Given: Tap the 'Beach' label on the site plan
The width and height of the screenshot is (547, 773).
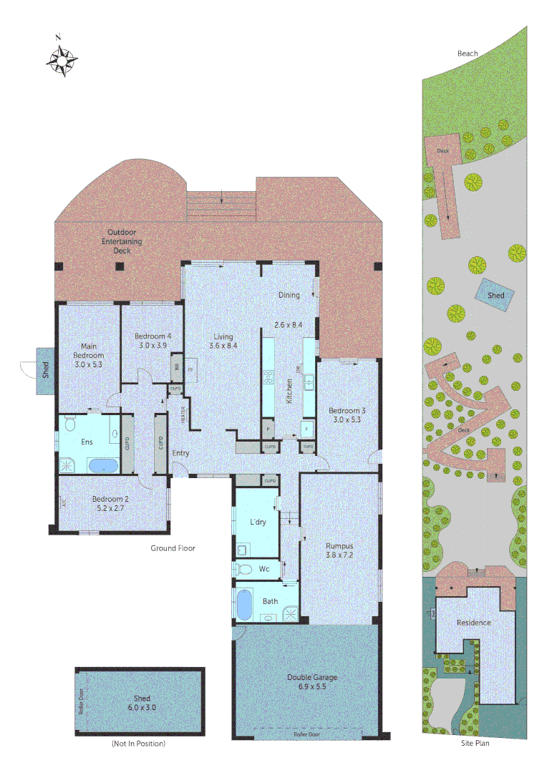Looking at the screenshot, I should point(468,53).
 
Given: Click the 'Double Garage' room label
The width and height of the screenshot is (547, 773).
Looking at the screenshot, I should point(312,677).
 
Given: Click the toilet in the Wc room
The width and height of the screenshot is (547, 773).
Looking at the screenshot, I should point(244,569).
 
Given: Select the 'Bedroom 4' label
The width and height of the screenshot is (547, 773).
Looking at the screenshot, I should point(152,336).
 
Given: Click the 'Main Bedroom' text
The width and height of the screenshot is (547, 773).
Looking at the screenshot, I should point(89,351).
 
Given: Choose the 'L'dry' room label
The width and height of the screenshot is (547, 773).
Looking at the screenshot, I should point(258,522).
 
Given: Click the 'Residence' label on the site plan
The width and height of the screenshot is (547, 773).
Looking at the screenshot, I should point(474,623).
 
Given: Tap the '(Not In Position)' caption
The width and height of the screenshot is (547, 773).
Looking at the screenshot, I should point(139,744).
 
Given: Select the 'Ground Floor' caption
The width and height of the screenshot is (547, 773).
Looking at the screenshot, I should point(173,548).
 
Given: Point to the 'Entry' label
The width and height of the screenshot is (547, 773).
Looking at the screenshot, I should point(181,452).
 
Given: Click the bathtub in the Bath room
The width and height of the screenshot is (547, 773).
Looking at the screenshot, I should point(245,604).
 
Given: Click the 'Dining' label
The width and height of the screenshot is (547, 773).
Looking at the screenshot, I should point(289,295).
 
